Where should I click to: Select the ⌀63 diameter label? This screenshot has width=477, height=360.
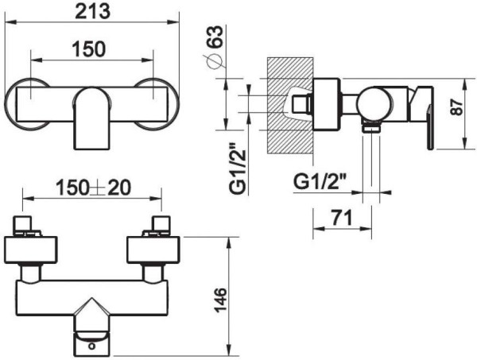point(212,49)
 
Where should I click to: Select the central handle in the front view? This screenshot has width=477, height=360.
point(91,118)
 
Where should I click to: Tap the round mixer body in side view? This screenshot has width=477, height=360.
point(371,102)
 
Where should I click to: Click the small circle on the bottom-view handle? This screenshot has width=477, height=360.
point(93,343)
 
